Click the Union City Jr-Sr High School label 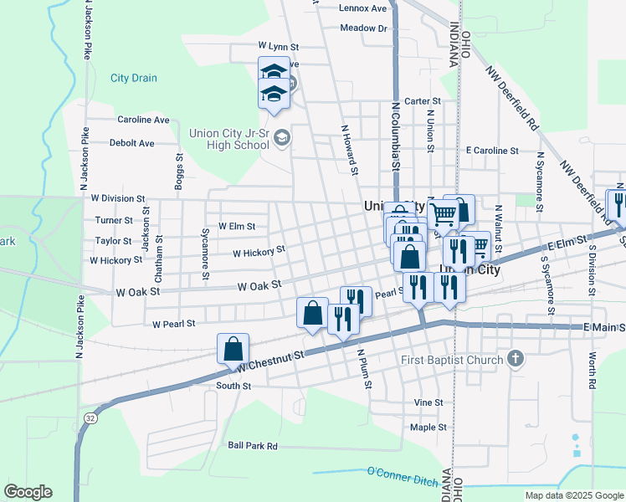(228, 138)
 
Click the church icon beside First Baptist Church (516, 360)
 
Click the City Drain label (133, 78)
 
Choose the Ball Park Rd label (252, 446)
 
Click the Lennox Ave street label (363, 8)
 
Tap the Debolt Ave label (132, 143)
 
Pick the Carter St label (416, 101)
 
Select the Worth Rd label (592, 370)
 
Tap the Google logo (28, 492)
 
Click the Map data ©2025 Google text (573, 495)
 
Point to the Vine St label (428, 402)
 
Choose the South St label (233, 386)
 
